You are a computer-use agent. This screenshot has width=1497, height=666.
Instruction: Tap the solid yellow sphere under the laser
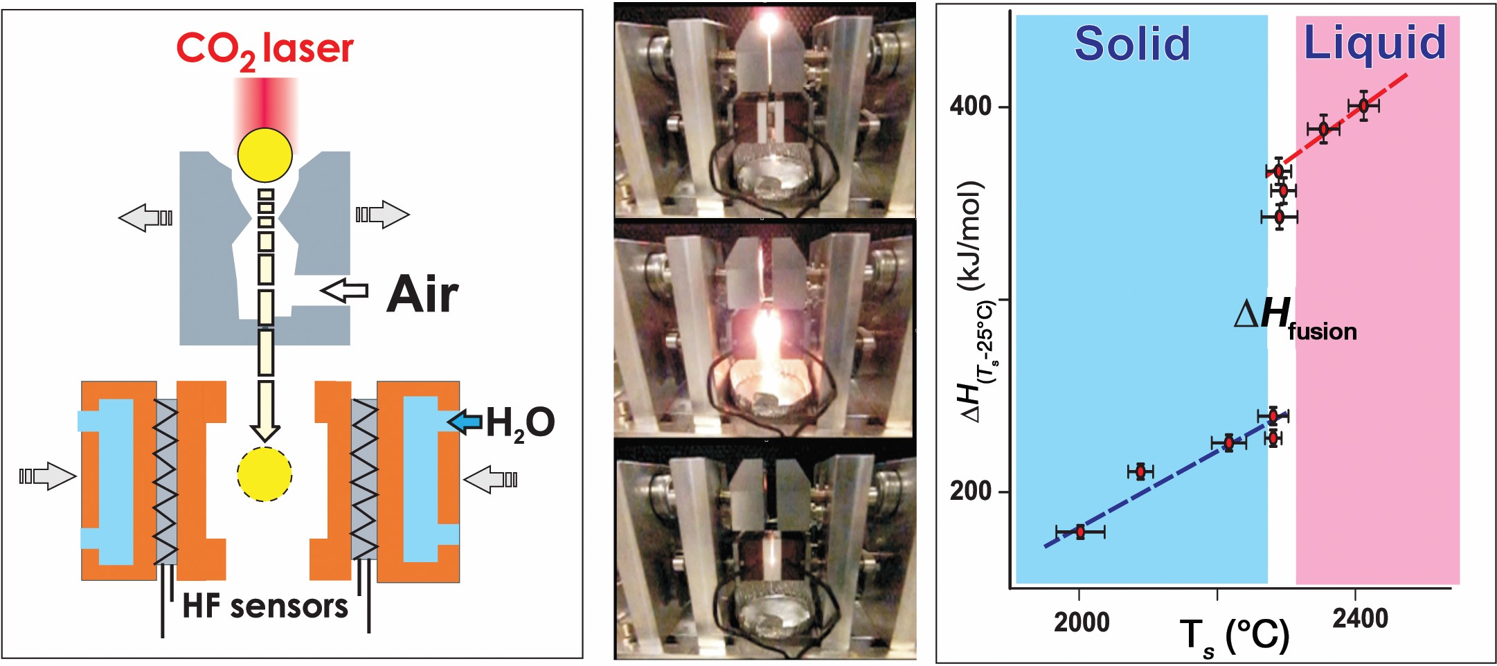265,155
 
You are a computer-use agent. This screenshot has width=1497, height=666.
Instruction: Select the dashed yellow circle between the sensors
265,474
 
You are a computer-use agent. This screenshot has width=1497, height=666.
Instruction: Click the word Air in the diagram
422,294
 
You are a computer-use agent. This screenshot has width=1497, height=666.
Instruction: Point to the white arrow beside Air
345,290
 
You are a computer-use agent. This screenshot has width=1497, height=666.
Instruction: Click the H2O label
520,423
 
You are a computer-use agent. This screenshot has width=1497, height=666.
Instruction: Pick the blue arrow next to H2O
465,420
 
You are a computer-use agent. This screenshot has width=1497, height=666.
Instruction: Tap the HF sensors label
265,606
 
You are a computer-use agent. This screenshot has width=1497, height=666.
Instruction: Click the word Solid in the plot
1132,43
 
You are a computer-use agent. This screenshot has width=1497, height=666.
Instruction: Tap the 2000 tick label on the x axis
1082,622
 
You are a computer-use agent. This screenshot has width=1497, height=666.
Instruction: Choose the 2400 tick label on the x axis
1360,618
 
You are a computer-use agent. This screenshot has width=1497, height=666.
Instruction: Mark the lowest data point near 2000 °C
1080,532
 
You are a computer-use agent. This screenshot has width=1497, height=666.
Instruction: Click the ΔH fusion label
1295,320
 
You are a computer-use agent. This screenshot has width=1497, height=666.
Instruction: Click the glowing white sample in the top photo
767,23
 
